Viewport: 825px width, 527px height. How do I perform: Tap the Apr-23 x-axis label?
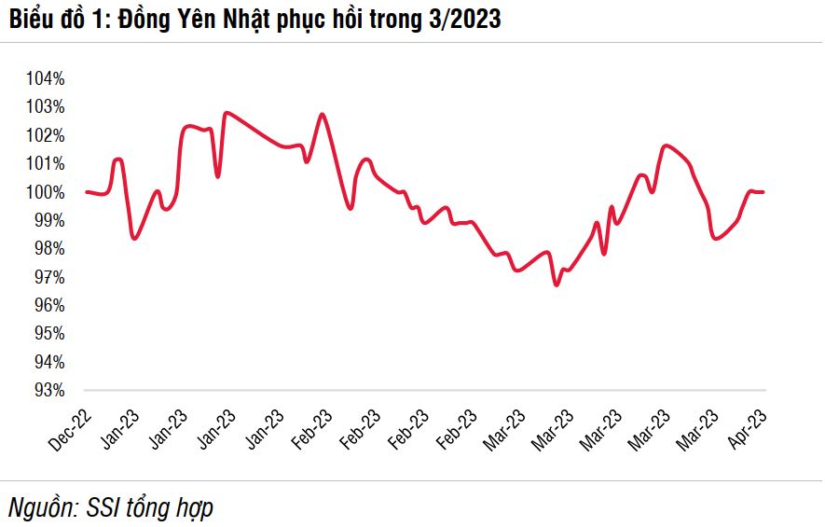click(x=749, y=428)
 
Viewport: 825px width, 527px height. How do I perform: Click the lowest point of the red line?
click(x=557, y=284)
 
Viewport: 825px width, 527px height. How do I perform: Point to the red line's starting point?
click(x=87, y=192)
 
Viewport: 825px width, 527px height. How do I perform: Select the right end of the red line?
click(x=763, y=192)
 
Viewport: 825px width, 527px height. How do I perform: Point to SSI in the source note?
click(x=106, y=508)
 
